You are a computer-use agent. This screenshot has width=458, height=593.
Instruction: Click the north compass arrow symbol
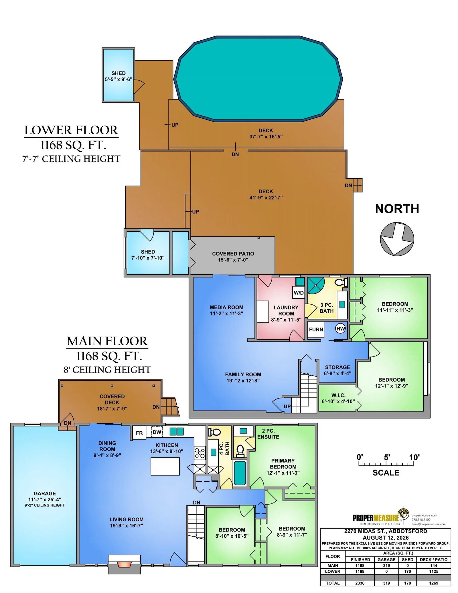[x=397, y=239]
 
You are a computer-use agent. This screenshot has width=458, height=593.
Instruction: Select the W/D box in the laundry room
[x=299, y=293]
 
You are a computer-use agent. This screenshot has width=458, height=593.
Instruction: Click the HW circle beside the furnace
[x=340, y=329]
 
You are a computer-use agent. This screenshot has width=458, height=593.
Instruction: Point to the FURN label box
[x=316, y=330]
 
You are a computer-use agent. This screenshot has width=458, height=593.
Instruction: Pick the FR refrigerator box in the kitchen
[x=139, y=433]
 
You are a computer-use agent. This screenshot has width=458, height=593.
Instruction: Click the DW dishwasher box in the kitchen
[x=157, y=432]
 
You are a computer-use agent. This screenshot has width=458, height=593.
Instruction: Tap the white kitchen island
[x=165, y=466]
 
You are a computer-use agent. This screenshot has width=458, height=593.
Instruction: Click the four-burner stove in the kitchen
[x=200, y=453]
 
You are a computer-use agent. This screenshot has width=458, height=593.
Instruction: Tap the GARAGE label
[x=45, y=493]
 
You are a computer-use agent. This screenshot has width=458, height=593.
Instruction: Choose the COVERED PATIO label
[x=233, y=254]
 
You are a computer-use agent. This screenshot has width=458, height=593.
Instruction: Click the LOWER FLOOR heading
[x=71, y=130]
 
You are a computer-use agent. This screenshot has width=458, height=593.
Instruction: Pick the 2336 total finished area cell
[x=360, y=583]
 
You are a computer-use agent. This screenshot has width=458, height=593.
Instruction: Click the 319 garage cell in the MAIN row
[x=386, y=566]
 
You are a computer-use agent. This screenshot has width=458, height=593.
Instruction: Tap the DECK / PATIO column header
[x=433, y=559]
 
